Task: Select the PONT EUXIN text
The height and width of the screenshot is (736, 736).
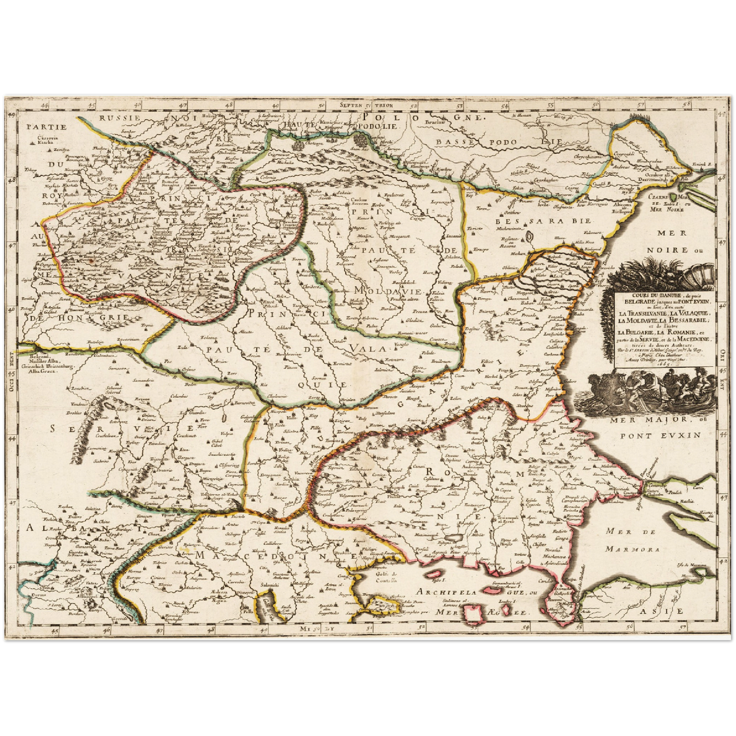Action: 660,435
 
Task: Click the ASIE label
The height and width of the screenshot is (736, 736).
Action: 663,611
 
